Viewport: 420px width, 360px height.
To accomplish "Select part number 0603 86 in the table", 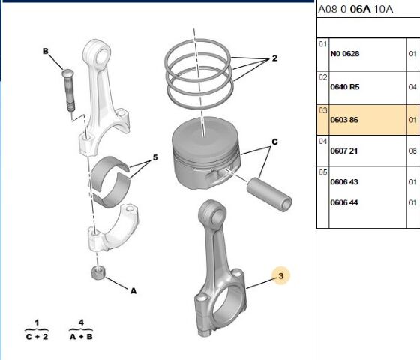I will click(x=345, y=120).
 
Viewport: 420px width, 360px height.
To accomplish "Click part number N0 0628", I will click(x=345, y=55).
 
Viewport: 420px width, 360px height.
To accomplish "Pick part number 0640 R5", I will click(x=345, y=87).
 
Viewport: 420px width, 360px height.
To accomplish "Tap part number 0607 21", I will click(x=345, y=151).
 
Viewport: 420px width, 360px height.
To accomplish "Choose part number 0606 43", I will click(x=345, y=182).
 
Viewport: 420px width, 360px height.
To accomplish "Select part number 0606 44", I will click(x=345, y=202).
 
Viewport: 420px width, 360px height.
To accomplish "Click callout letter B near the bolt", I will click(x=46, y=51).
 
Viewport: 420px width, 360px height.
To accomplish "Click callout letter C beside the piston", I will click(x=274, y=141).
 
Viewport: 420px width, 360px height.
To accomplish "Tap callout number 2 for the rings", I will click(x=274, y=58).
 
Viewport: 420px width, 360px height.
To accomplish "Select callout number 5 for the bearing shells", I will click(x=155, y=158).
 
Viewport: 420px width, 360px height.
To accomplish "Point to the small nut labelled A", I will click(x=96, y=273).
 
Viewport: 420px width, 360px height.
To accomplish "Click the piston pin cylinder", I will click(x=270, y=193).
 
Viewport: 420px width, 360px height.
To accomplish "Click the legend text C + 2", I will click(x=35, y=336).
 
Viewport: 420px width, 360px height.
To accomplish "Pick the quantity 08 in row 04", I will click(x=412, y=151).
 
